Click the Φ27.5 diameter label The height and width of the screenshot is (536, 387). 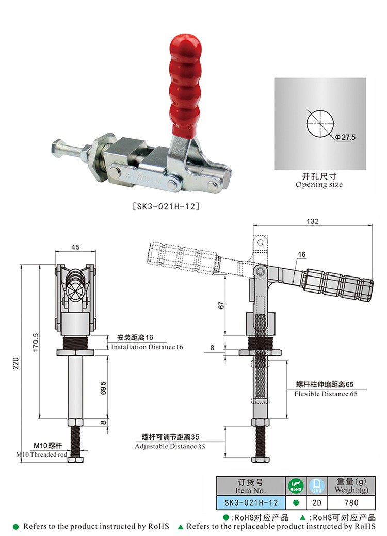345,137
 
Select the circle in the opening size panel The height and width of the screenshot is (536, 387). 320,123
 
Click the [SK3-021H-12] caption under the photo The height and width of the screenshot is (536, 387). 166,206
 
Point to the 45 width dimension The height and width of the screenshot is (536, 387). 75,247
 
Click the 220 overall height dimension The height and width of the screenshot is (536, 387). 15,363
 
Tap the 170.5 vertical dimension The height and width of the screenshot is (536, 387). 36,343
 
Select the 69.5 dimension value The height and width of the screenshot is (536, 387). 103,388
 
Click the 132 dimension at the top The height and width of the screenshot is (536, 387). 313,221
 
